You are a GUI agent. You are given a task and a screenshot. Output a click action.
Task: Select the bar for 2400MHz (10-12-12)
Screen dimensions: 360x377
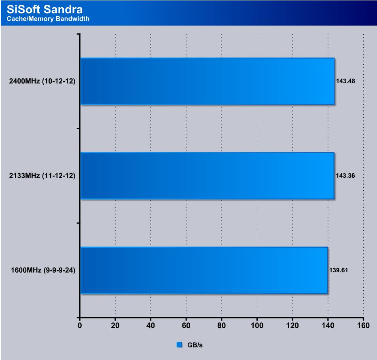tap(207, 81)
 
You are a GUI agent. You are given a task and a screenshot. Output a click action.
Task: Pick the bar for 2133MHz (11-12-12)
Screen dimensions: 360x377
tap(207, 176)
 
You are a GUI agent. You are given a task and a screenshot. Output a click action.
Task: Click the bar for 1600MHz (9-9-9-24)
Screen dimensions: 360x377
tap(204, 270)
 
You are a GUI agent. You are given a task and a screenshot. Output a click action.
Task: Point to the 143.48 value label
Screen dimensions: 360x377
tap(345, 81)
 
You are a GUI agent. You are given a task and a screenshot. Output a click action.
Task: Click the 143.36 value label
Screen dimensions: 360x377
tap(345, 176)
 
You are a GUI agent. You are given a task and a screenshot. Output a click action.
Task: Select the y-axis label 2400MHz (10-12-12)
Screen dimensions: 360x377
tap(42, 81)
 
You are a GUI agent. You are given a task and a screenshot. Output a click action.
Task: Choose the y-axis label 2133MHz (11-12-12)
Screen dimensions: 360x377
tap(42, 176)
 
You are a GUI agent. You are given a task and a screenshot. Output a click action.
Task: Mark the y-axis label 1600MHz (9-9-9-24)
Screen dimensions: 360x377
tap(43, 270)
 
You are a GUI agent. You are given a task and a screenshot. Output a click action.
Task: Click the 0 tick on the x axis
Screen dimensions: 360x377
tap(80, 325)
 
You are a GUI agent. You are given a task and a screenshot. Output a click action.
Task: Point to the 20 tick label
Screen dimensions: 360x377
tap(115, 325)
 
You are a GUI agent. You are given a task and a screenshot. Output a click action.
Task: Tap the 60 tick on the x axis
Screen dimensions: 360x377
tap(186, 325)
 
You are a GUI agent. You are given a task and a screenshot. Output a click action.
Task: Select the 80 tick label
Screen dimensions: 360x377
tap(222, 325)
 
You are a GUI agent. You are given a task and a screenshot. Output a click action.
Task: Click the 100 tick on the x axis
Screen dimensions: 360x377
tap(257, 325)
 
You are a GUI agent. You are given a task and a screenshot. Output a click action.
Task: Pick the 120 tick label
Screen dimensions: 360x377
tap(292, 325)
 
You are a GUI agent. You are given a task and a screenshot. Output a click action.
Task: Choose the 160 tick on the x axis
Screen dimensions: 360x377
tap(363, 325)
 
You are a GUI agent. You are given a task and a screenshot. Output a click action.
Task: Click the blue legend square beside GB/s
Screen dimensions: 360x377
tap(180, 345)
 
